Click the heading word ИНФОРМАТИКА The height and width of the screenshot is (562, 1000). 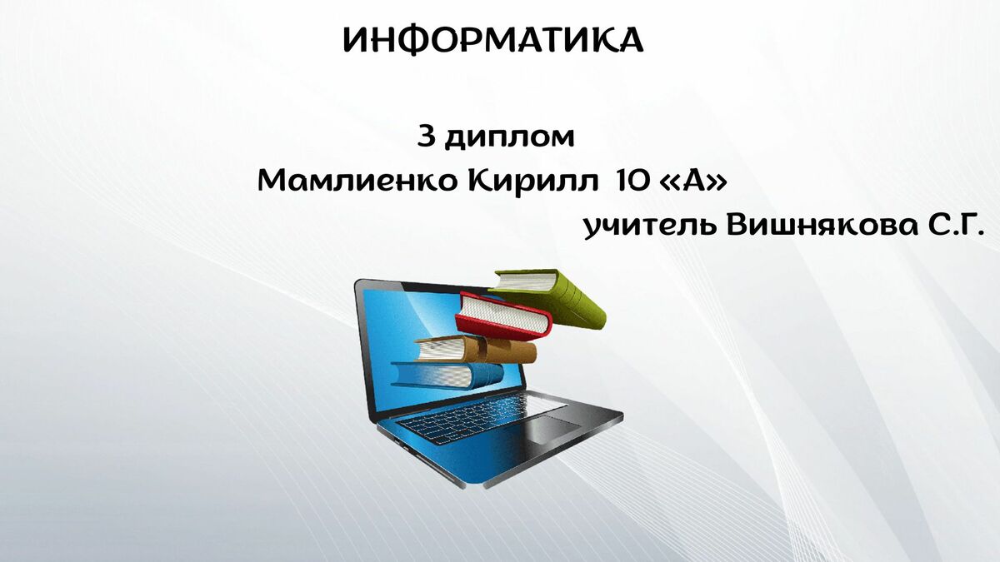coord(492,41)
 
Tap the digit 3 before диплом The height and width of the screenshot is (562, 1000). coord(427,137)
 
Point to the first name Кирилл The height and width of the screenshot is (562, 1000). coord(533,183)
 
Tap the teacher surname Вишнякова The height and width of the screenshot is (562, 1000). coord(822,226)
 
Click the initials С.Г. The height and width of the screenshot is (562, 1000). coord(955,226)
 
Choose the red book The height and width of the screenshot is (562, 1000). coord(503,316)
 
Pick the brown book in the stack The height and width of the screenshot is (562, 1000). coord(476,350)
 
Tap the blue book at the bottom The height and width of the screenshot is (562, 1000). coord(447,375)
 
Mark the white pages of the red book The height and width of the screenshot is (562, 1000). coord(503,315)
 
